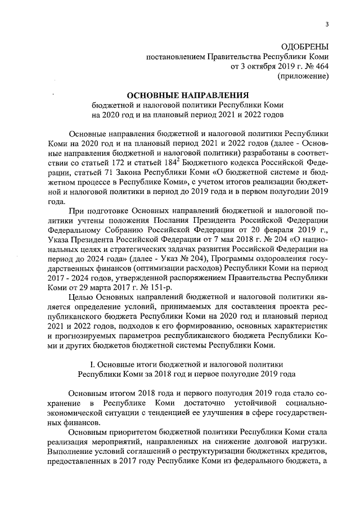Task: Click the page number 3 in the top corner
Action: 327,23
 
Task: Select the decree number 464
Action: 321,66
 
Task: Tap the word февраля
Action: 264,231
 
